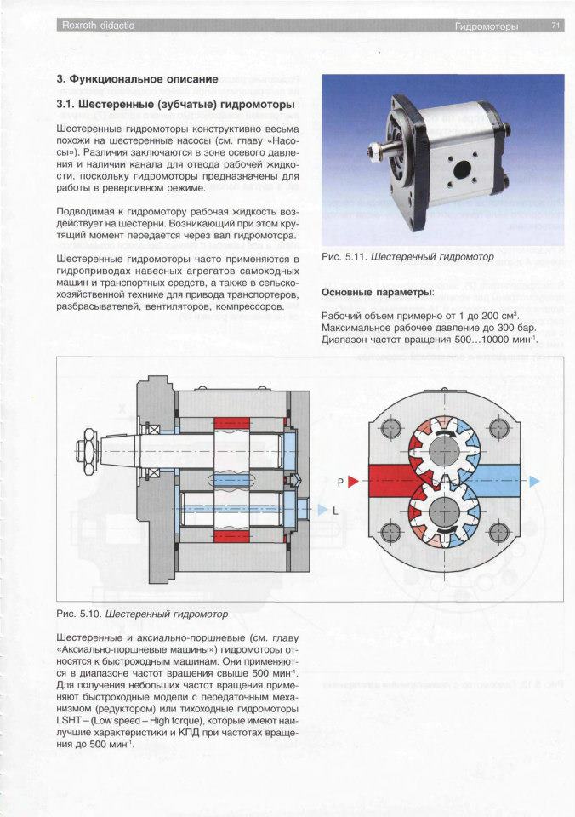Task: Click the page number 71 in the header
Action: tap(555, 26)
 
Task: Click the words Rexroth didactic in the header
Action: tap(98, 26)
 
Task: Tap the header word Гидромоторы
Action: tap(487, 26)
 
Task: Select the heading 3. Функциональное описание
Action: tap(137, 79)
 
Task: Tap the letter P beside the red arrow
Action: tap(340, 483)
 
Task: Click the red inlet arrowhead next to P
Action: tap(353, 482)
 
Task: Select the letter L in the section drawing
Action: tap(335, 511)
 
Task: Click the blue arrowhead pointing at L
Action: tap(322, 510)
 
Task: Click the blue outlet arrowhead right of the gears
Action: tap(534, 481)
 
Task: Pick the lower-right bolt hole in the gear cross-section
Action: tap(499, 532)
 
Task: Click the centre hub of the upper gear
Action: tap(444, 448)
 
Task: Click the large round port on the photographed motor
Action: tap(462, 170)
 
